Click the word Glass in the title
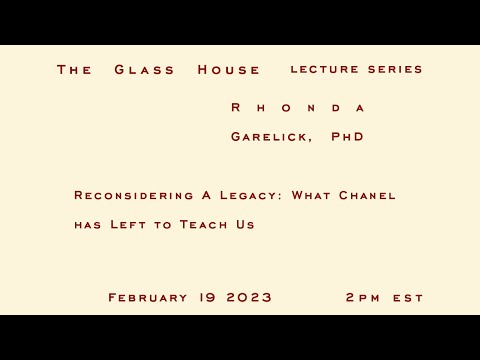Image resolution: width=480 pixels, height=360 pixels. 145,70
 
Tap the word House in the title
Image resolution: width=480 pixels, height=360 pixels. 229,70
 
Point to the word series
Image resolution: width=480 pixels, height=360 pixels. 397,70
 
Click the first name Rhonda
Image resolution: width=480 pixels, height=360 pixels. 298,107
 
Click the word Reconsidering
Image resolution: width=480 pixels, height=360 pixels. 134,195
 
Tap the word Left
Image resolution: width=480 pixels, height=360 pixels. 130,225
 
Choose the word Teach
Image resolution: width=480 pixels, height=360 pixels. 203,225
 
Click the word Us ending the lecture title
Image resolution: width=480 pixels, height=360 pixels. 244,225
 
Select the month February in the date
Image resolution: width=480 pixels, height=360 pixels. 148,298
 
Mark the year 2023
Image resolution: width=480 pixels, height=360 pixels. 249,298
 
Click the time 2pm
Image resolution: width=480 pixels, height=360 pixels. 363,298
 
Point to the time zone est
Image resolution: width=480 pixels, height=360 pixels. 408,298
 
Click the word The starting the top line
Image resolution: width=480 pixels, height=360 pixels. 75,70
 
